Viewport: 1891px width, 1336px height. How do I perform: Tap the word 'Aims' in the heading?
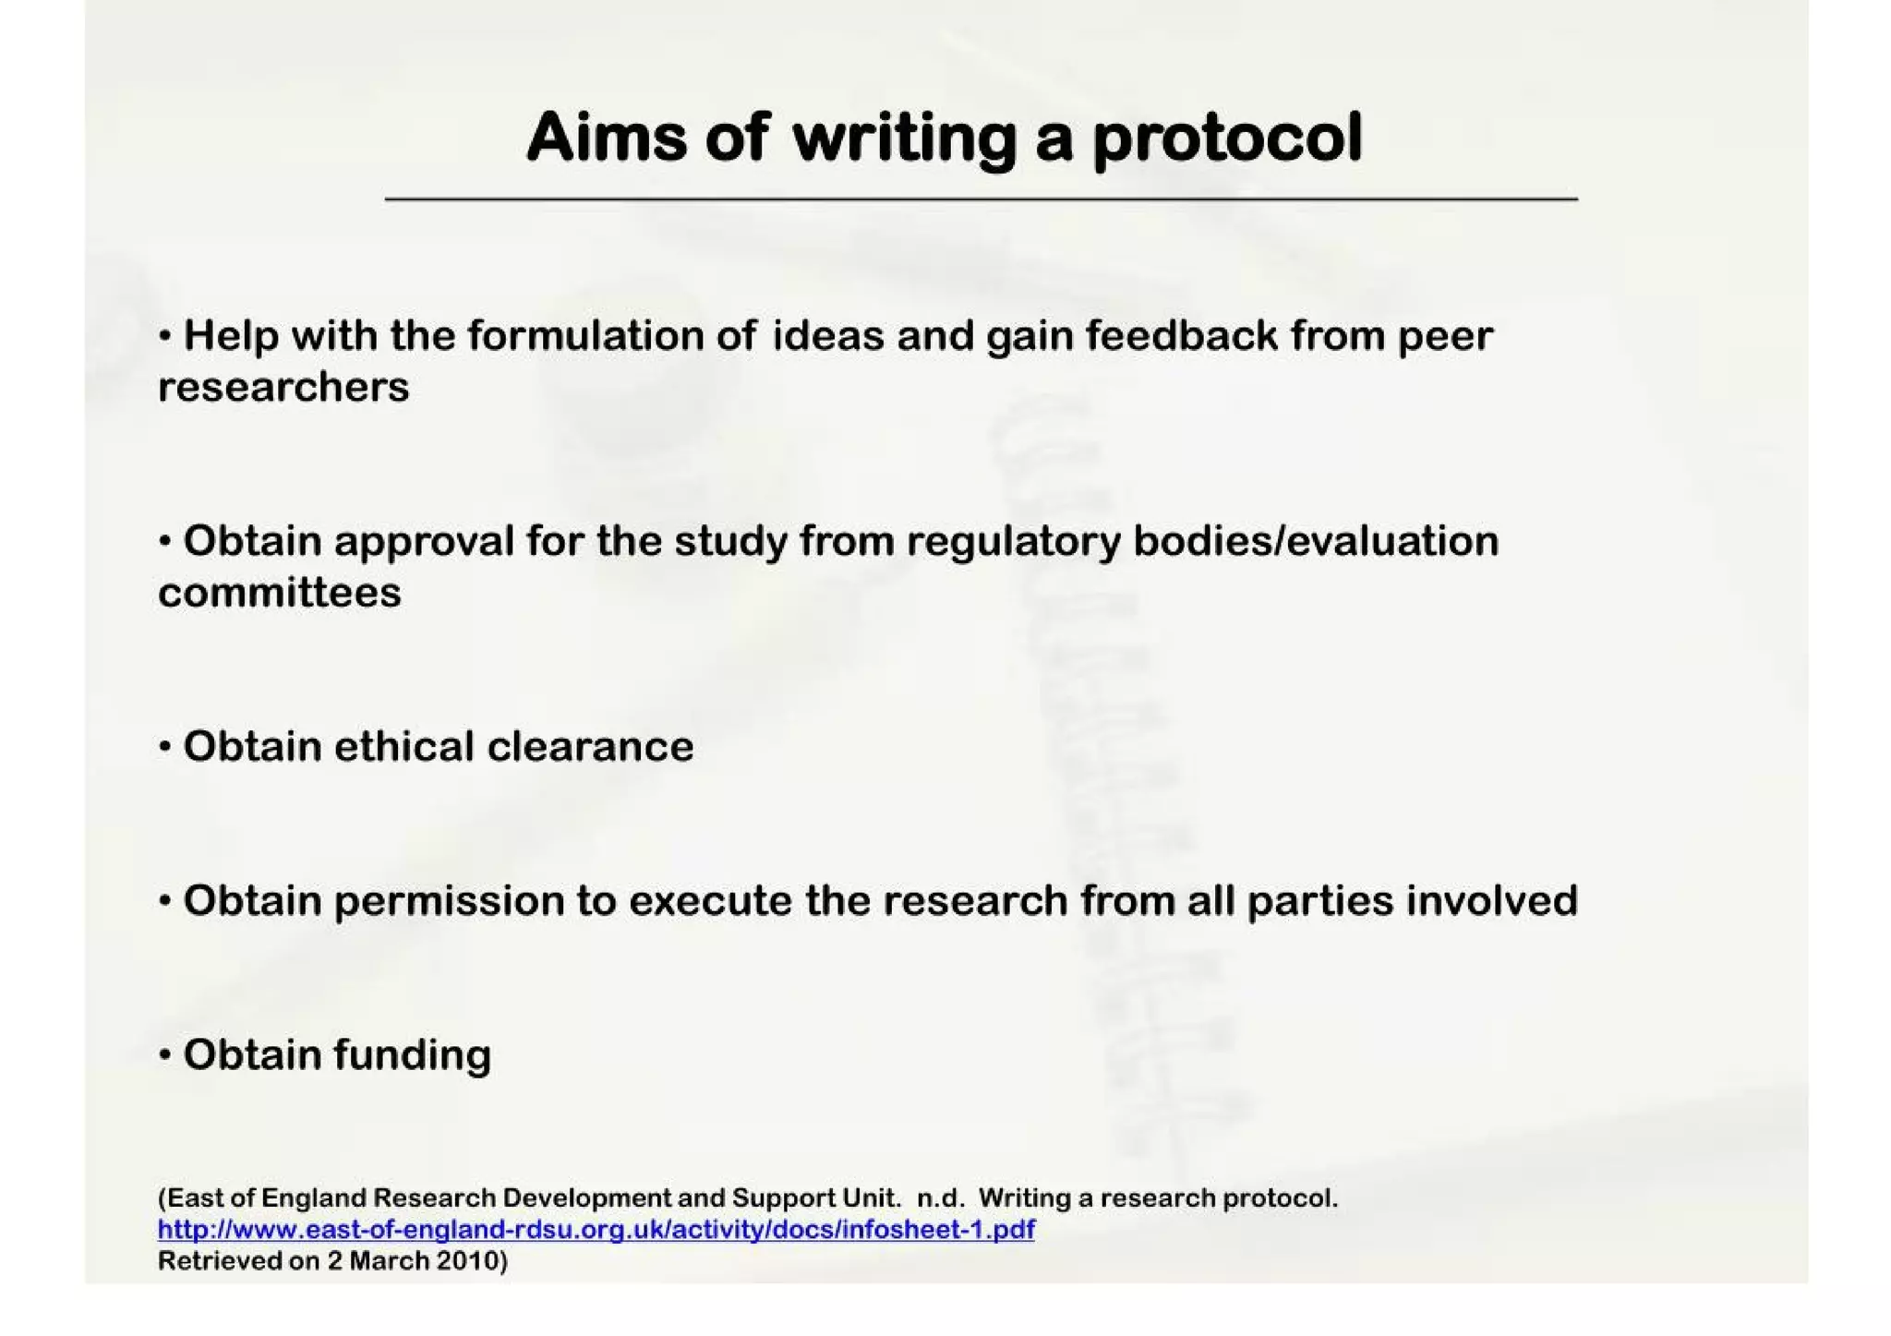[607, 138]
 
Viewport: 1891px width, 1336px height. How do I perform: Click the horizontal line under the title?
[981, 199]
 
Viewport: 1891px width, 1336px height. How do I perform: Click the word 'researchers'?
[283, 387]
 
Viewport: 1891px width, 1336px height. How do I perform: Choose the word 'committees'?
[280, 593]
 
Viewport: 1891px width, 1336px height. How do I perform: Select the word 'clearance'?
[590, 746]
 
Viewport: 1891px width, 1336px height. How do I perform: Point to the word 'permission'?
[449, 901]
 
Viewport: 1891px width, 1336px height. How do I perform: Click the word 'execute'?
[710, 900]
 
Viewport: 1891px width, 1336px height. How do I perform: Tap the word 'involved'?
[1492, 900]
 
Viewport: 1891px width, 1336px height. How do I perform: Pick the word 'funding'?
[412, 1055]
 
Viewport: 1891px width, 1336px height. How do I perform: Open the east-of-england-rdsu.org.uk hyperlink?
[596, 1230]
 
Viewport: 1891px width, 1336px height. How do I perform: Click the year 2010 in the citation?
[467, 1261]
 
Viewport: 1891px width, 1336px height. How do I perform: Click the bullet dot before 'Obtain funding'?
[165, 1054]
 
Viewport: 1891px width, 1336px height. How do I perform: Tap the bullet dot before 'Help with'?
[165, 335]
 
